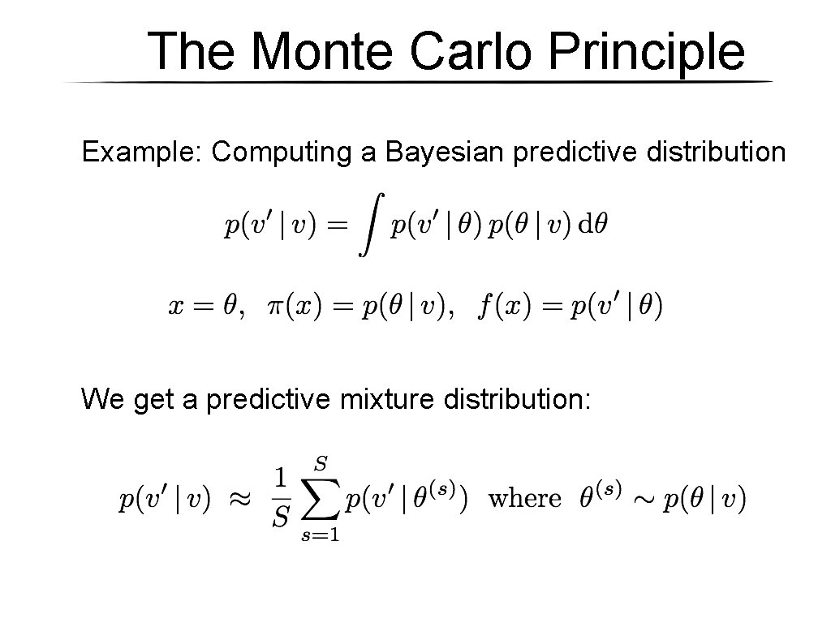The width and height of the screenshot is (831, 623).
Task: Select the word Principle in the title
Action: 646,53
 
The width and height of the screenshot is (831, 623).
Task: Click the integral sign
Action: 370,225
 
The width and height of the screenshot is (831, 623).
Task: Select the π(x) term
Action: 288,307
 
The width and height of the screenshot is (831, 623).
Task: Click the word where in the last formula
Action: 524,499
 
